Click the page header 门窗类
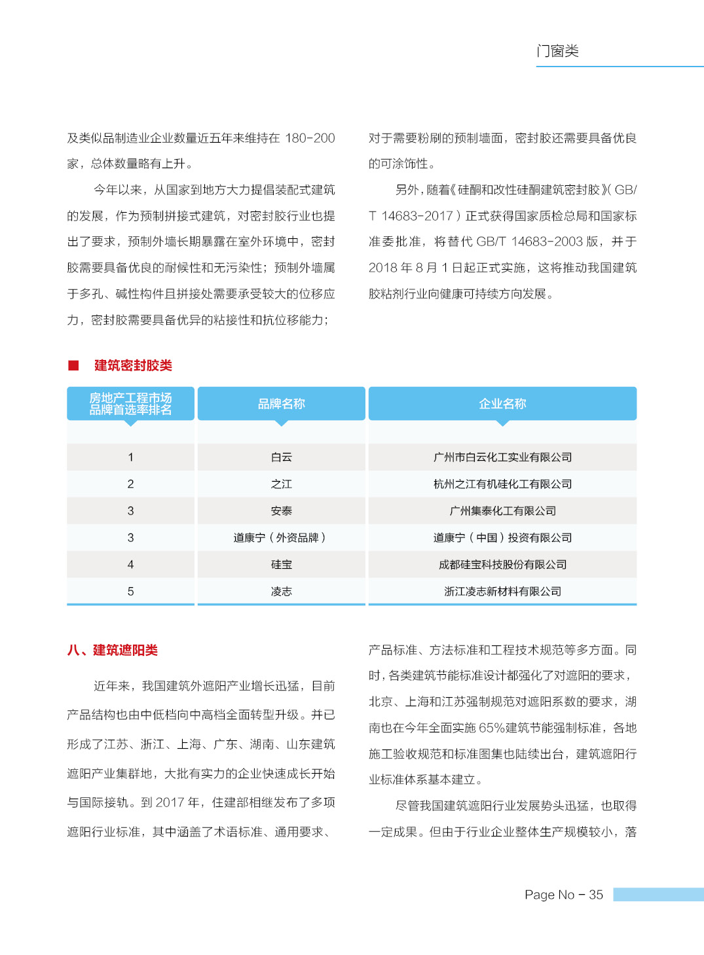pyautogui.click(x=557, y=51)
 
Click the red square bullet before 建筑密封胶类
pyautogui.click(x=73, y=365)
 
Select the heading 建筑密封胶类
pyautogui.click(x=133, y=365)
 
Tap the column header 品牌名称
pyautogui.click(x=282, y=404)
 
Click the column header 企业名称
pyautogui.click(x=502, y=404)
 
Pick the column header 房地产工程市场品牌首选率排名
pyautogui.click(x=130, y=404)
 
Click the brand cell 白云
pyautogui.click(x=282, y=457)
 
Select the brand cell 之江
pyautogui.click(x=282, y=484)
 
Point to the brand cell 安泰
pyautogui.click(x=282, y=511)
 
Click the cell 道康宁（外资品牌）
pyautogui.click(x=282, y=537)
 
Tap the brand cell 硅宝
pyautogui.click(x=282, y=564)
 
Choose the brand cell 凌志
pyautogui.click(x=282, y=591)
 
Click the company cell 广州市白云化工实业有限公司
pyautogui.click(x=502, y=457)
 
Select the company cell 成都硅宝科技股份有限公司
pyautogui.click(x=502, y=564)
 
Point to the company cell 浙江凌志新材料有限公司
pyautogui.click(x=502, y=591)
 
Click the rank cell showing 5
pyautogui.click(x=130, y=591)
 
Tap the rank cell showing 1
pyautogui.click(x=130, y=457)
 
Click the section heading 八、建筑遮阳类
pyautogui.click(x=113, y=650)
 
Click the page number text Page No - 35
pyautogui.click(x=563, y=895)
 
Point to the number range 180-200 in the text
pyautogui.click(x=310, y=138)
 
